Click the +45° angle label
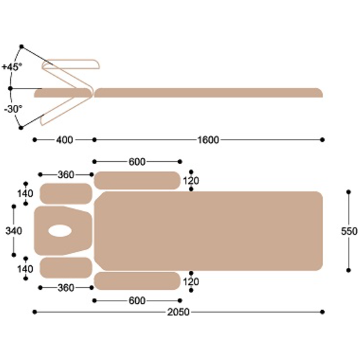12,67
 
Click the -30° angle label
13,109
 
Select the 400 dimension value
64,140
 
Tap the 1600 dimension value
208,140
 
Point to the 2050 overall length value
178,312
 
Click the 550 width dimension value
349,231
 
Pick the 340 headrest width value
14,231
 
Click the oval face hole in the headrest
60,231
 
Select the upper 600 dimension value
137,162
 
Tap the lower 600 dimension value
137,301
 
